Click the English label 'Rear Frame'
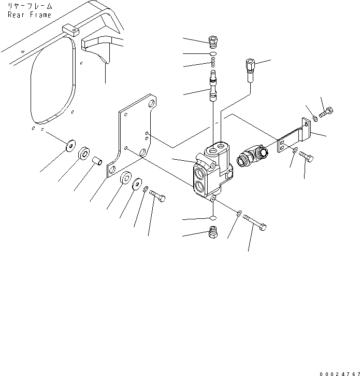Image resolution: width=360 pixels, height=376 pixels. click(x=29, y=15)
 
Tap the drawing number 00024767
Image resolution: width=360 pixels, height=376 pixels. click(x=339, y=372)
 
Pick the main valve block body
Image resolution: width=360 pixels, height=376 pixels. click(x=212, y=171)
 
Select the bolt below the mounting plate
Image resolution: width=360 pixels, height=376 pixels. click(x=157, y=197)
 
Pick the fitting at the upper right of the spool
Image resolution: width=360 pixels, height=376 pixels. click(x=249, y=71)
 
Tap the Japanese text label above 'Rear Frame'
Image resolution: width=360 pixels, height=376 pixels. click(x=29, y=6)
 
